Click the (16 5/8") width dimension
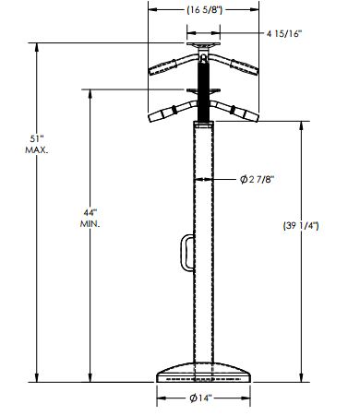tap(204, 10)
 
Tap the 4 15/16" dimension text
tap(284, 33)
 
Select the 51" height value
tap(35, 139)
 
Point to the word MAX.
tap(37, 150)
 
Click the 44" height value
tap(90, 212)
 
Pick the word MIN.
tap(90, 224)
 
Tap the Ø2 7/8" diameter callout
tap(257, 179)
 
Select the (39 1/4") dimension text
tap(301, 226)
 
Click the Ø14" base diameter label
tap(201, 398)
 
